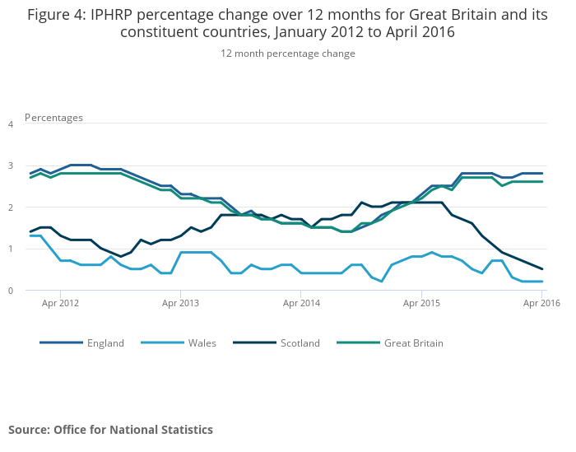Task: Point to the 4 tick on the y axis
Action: (x=11, y=124)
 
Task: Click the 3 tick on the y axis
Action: (x=11, y=165)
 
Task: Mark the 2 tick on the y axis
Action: (x=11, y=207)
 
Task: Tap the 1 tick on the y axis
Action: (x=11, y=249)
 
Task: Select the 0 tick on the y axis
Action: (x=11, y=291)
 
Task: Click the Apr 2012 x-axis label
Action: (x=61, y=303)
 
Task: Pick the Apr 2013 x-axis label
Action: (x=181, y=303)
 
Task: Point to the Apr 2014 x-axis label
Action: (x=301, y=303)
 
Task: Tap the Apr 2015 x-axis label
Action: (x=421, y=303)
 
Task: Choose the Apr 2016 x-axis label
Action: (x=541, y=303)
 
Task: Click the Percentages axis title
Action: (x=53, y=118)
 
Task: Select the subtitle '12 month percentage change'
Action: (x=288, y=54)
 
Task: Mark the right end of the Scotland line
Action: (x=542, y=269)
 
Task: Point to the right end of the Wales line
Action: (x=542, y=282)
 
